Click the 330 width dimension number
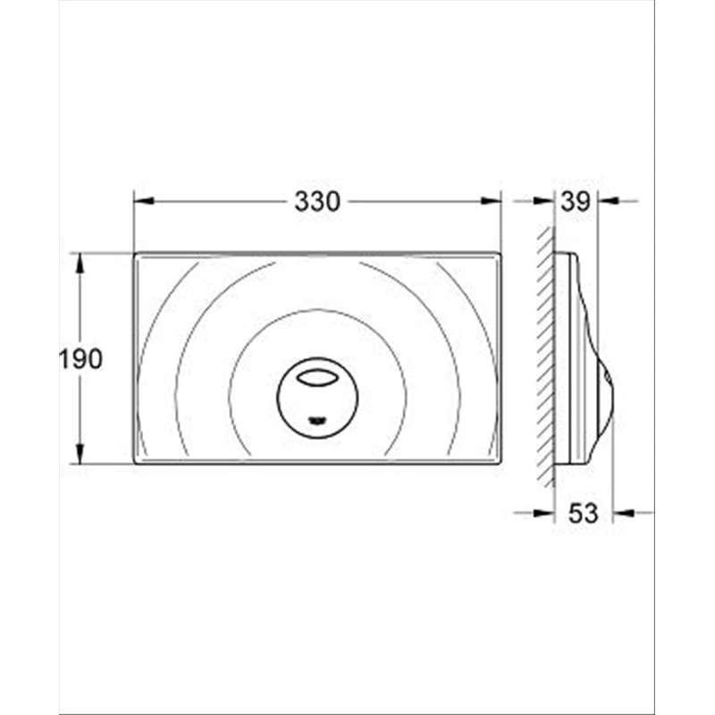pyautogui.click(x=317, y=202)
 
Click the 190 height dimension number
pyautogui.click(x=81, y=359)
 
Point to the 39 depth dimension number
pyautogui.click(x=576, y=202)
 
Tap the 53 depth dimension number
pyautogui.click(x=583, y=513)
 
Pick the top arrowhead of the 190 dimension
pyautogui.click(x=80, y=262)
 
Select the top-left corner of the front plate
pyautogui.click(x=135, y=255)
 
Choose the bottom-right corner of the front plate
pyautogui.click(x=499, y=461)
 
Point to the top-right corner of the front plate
pyautogui.click(x=499, y=255)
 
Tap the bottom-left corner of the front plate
pyautogui.click(x=135, y=461)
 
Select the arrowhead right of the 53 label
pyautogui.click(x=622, y=513)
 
